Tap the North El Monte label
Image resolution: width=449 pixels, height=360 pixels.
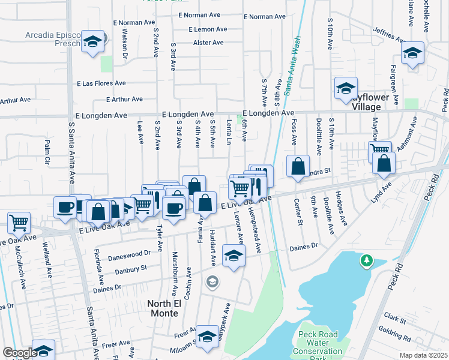point(163,308)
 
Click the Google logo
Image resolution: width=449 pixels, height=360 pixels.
point(20,353)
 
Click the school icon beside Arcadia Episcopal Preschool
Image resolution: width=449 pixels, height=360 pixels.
point(92,41)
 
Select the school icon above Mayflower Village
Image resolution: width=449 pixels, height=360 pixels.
point(346,89)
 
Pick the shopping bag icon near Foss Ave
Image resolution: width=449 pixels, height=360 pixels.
point(298,166)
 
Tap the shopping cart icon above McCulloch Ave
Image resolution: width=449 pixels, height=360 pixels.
point(19,223)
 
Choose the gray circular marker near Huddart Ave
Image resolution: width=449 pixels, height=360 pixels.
point(212,281)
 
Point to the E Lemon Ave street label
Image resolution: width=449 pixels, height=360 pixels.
point(207,29)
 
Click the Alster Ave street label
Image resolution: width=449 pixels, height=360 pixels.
point(208,43)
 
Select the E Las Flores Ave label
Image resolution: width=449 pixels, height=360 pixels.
point(101,83)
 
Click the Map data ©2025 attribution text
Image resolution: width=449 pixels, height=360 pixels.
point(423,355)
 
